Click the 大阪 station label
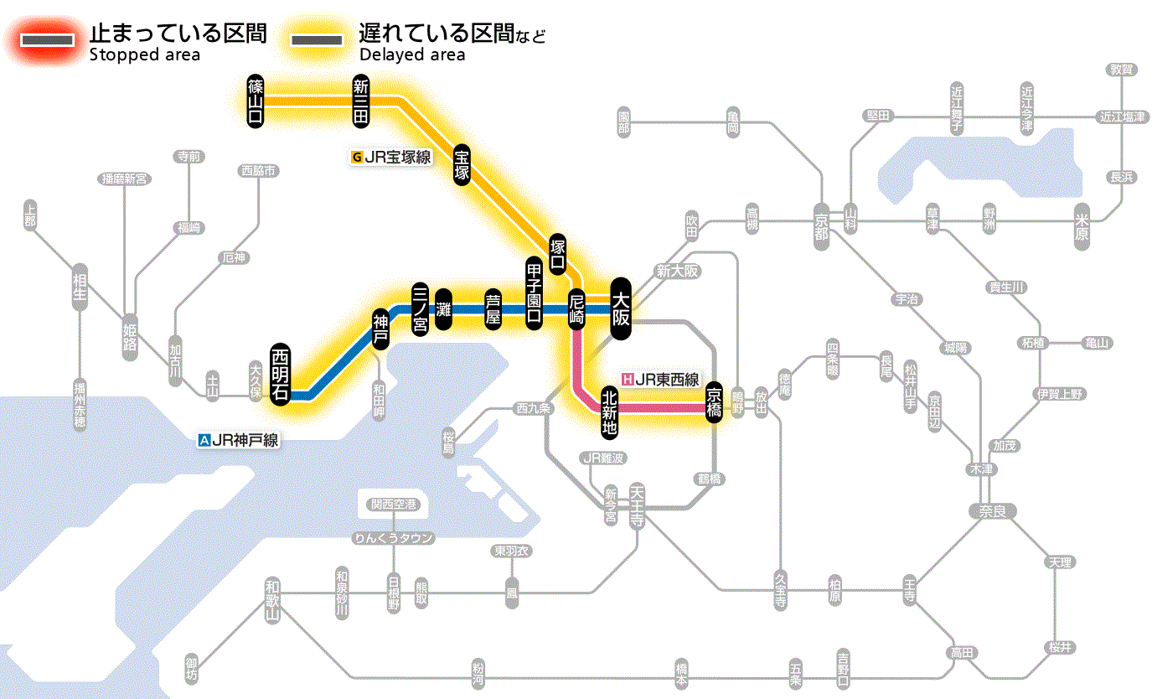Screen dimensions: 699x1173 pyautogui.click(x=621, y=308)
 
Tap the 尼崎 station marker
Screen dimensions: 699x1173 pyautogui.click(x=576, y=309)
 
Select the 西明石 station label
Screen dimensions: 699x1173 pyautogui.click(x=281, y=374)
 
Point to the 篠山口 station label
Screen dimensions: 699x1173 pyautogui.click(x=256, y=101)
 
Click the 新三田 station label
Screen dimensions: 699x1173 pyautogui.click(x=361, y=101)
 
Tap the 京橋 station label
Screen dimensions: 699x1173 pyautogui.click(x=714, y=403)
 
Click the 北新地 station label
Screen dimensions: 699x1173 pyautogui.click(x=609, y=412)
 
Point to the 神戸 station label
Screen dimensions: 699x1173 pyautogui.click(x=381, y=329)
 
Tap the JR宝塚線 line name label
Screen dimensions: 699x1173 pyautogui.click(x=392, y=157)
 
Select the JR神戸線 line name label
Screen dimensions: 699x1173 pyautogui.click(x=239, y=439)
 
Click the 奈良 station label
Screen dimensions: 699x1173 pyautogui.click(x=991, y=510)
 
